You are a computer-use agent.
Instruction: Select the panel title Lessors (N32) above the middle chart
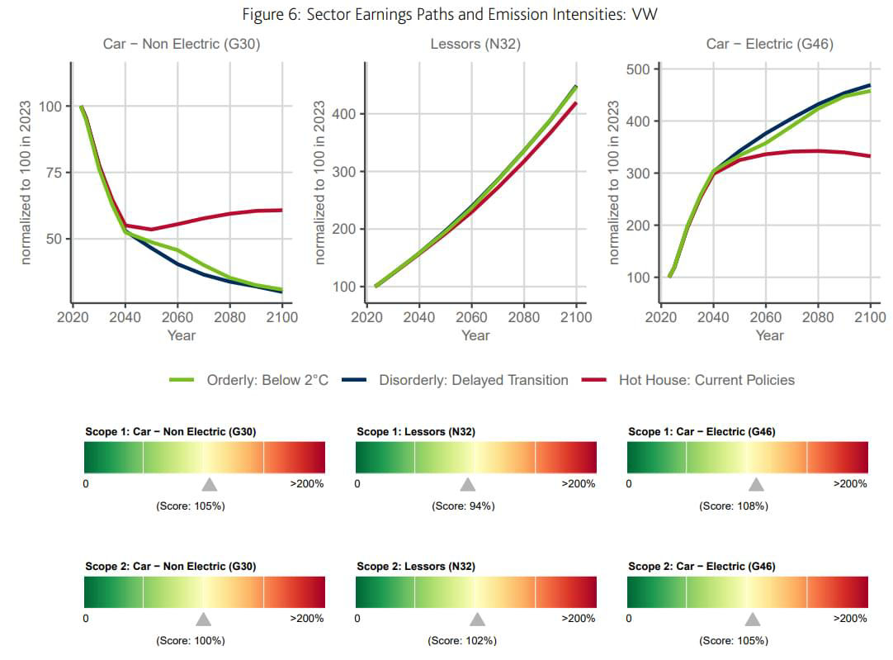(x=475, y=44)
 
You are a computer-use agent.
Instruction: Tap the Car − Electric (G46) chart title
(x=769, y=44)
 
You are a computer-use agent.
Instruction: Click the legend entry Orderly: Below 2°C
(x=267, y=380)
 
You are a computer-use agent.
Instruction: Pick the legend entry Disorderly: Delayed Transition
(x=473, y=380)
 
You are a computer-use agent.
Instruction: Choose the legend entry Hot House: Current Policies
(x=706, y=380)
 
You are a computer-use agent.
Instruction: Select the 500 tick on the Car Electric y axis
(x=639, y=69)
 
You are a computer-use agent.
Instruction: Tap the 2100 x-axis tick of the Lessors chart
(x=575, y=317)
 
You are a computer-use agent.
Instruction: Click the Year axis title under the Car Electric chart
(x=769, y=335)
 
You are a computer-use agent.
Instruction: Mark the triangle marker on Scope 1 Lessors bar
(x=468, y=485)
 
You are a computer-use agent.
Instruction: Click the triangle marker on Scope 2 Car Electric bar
(x=753, y=620)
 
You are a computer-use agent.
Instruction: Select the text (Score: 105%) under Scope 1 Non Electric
(x=190, y=506)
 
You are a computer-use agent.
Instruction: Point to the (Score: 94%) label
(x=463, y=506)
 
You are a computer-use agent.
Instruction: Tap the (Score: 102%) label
(x=462, y=641)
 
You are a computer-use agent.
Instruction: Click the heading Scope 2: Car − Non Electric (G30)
(x=170, y=567)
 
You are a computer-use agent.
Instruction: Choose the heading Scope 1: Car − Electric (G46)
(x=702, y=432)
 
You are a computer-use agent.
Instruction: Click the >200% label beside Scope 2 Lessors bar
(x=579, y=619)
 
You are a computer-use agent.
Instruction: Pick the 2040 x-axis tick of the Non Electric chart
(x=125, y=317)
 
